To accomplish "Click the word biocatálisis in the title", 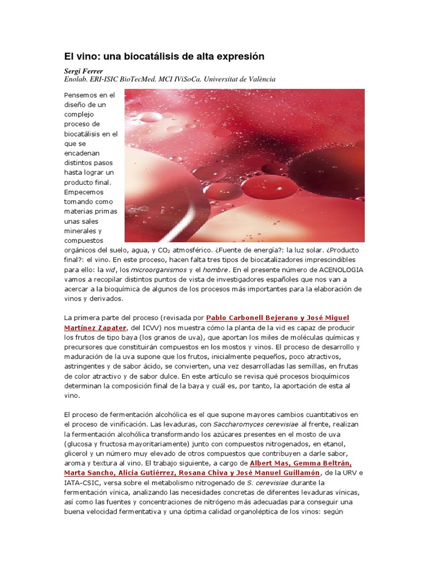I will (x=145, y=57).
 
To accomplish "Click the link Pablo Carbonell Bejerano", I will (x=253, y=318).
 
